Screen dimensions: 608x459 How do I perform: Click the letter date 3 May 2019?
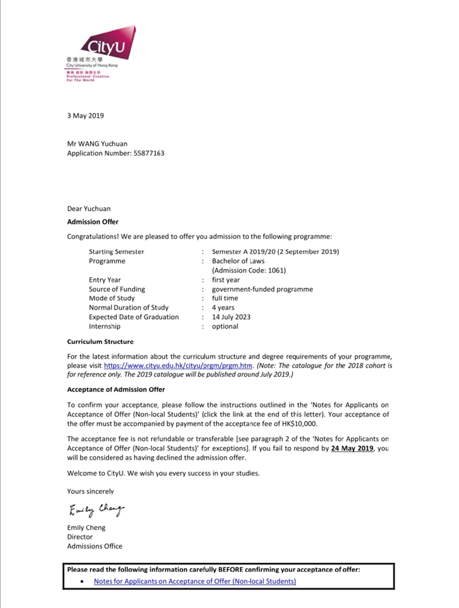tap(85, 116)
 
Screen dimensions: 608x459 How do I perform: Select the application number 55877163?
tap(148, 154)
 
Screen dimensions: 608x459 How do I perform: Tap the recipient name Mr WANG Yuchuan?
tap(97, 144)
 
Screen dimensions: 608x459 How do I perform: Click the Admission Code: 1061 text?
tap(248, 270)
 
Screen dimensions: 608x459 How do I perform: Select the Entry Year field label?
tap(105, 280)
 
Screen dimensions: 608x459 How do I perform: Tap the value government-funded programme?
tap(262, 289)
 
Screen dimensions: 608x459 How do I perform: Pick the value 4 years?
tap(223, 308)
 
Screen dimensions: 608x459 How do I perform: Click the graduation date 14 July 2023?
tap(231, 317)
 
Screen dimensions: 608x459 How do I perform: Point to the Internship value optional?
tap(225, 326)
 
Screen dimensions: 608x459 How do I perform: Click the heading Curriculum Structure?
tap(100, 342)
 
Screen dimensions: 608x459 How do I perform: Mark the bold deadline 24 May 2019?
tap(352, 449)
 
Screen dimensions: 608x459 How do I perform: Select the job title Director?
tap(80, 537)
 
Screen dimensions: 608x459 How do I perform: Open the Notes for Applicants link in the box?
tap(195, 581)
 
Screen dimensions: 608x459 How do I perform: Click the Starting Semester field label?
tap(116, 252)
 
